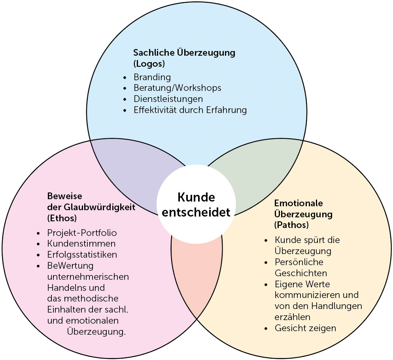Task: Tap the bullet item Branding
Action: point(152,77)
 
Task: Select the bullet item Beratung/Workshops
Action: point(177,88)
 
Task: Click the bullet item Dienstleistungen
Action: point(168,99)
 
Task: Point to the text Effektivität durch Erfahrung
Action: point(190,110)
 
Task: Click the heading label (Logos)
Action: point(149,63)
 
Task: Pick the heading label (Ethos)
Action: point(62,218)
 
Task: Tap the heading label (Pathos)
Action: point(291,225)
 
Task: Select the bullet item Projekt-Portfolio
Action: point(82,232)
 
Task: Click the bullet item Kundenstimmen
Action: point(81,243)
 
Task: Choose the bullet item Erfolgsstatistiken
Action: point(82,254)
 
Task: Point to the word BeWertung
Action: point(70,265)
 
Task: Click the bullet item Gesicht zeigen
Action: point(305,328)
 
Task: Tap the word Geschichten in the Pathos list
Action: point(300,273)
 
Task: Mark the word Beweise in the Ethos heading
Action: point(64,196)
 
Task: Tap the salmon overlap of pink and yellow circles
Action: point(196,273)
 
